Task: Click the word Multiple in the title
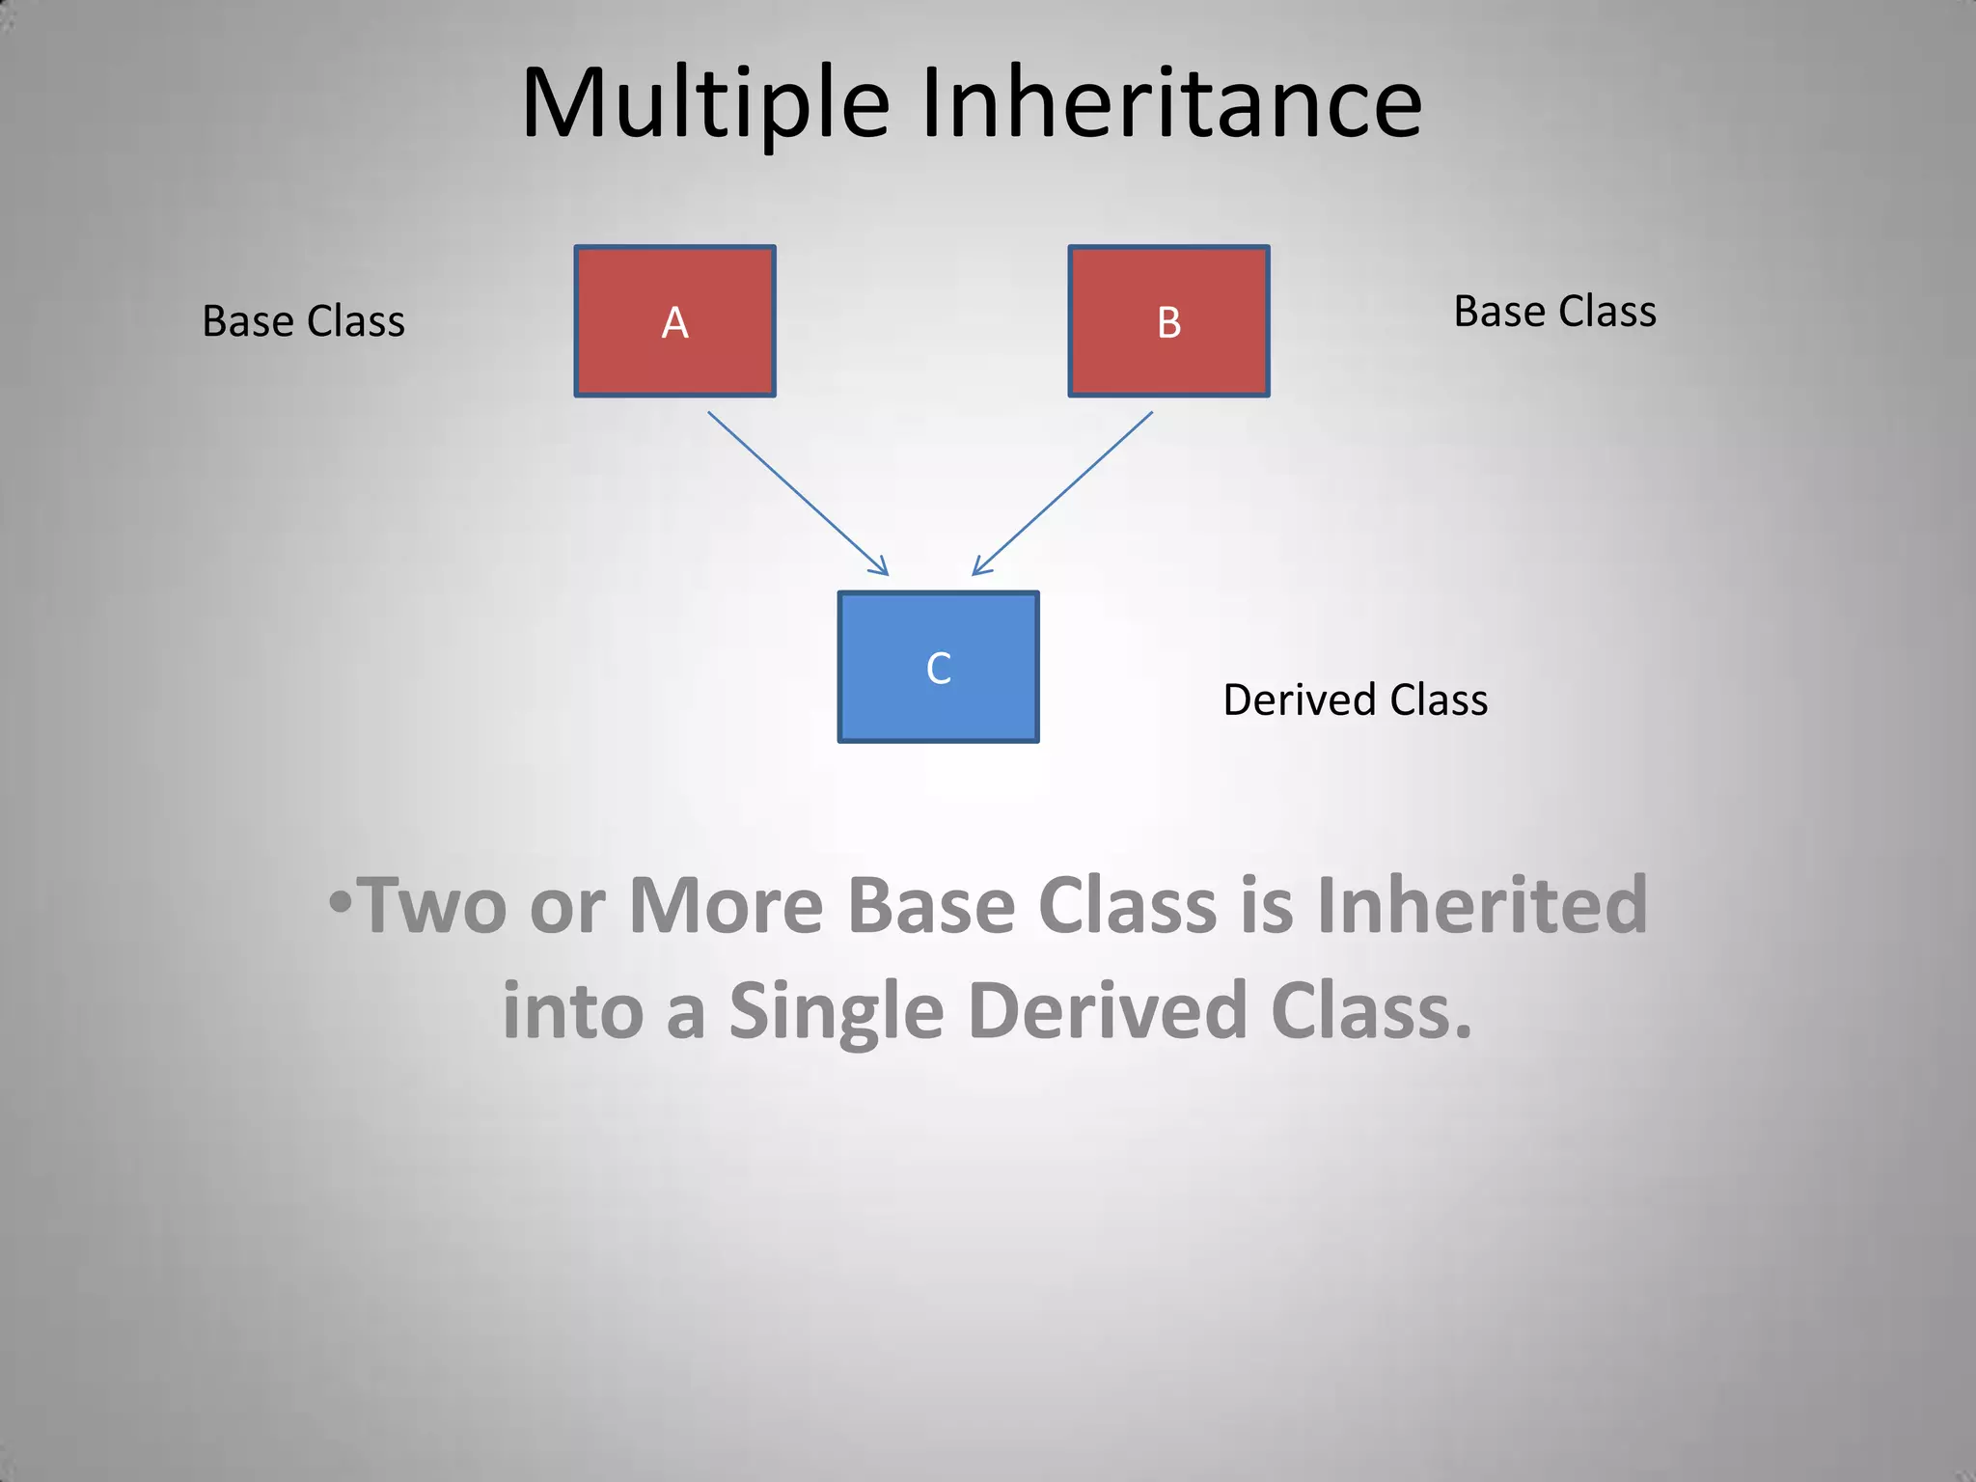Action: tap(704, 104)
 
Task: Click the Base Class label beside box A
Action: tap(303, 321)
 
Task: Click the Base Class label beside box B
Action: tap(1554, 312)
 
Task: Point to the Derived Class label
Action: tap(1355, 700)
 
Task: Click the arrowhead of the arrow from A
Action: tap(879, 567)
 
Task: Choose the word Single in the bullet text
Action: tap(836, 1011)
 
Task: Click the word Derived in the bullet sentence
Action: tap(1108, 1009)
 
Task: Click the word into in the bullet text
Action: tap(572, 1011)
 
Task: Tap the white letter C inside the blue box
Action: tap(938, 669)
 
